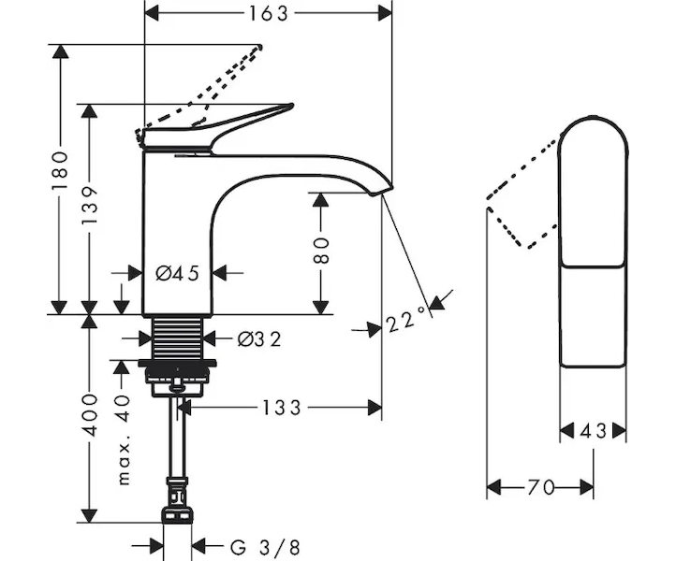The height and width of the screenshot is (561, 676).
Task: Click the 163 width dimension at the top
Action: pyautogui.click(x=267, y=12)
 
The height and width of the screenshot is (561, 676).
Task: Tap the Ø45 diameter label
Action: pyautogui.click(x=177, y=273)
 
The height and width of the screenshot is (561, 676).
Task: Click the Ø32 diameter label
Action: pyautogui.click(x=258, y=338)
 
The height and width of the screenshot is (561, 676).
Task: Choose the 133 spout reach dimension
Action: pyautogui.click(x=280, y=407)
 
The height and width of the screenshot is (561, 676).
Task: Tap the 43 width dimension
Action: pyautogui.click(x=593, y=431)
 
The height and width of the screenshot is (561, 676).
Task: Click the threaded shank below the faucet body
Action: pyautogui.click(x=178, y=337)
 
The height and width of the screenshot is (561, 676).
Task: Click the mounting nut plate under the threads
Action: pyautogui.click(x=177, y=364)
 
